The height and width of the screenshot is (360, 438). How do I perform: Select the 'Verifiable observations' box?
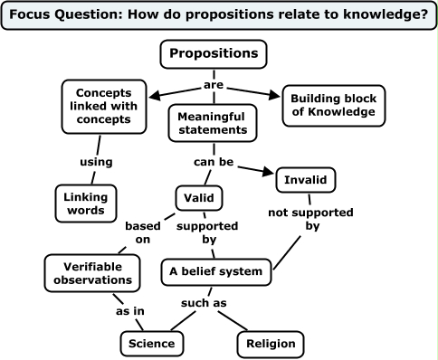click(x=93, y=273)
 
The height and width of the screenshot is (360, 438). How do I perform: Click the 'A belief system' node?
click(x=216, y=270)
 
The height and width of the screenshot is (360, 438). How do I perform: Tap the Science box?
click(x=153, y=344)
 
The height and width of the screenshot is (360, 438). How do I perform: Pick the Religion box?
click(x=271, y=344)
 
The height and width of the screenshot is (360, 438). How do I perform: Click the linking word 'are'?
click(x=214, y=86)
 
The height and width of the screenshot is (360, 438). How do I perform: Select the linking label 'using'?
click(x=96, y=162)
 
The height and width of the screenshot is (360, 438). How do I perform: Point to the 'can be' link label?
click(x=214, y=162)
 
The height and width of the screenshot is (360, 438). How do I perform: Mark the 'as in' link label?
click(x=129, y=310)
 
